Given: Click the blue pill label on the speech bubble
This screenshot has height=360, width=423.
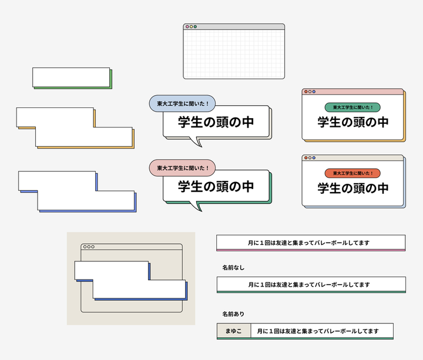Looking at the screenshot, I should [182, 104].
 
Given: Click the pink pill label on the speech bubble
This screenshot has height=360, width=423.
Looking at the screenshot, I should [182, 169].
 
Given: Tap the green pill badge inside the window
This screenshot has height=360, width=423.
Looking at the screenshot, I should [352, 107].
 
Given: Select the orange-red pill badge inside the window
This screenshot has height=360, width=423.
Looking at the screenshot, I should [352, 173].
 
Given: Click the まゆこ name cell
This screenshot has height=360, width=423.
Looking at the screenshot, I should [234, 331].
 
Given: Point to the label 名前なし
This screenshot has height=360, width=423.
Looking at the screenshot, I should [233, 268].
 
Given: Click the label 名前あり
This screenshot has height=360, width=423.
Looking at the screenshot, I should [233, 314].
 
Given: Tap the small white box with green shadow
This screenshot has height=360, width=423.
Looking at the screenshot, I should [71, 77].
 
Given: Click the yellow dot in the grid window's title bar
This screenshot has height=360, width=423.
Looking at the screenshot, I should [192, 26].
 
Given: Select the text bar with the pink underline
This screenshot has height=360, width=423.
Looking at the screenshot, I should [311, 243].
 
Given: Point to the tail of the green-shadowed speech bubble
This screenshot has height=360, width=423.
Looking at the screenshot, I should [198, 206].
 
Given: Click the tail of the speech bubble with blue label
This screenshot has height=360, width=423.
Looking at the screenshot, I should [198, 142].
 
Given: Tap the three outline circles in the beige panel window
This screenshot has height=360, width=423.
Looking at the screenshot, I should [89, 247].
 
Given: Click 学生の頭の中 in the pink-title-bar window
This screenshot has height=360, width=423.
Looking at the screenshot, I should [352, 122].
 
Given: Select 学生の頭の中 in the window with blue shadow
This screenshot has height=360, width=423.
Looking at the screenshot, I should [352, 189].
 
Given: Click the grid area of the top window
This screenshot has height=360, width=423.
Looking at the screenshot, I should [234, 54].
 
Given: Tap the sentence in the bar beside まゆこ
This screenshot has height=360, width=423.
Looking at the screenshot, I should [321, 331].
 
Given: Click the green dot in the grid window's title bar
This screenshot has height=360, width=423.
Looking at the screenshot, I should [196, 26].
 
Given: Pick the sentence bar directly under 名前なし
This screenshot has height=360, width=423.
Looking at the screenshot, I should [311, 284].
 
